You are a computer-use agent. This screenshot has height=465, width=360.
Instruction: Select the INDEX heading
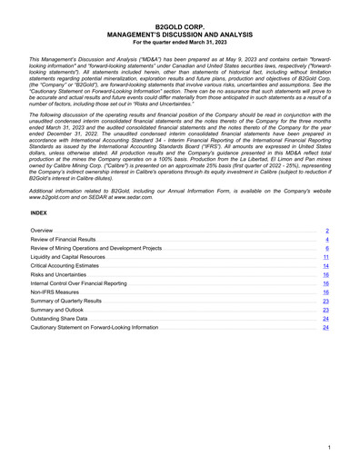[38, 212]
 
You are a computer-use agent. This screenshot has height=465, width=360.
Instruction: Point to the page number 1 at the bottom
[326, 449]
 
